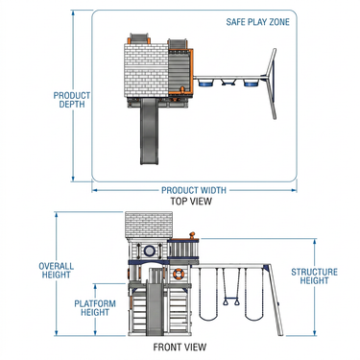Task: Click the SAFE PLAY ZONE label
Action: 257,22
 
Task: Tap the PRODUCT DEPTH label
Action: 72,100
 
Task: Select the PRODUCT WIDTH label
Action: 194,190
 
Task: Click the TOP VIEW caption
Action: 191,202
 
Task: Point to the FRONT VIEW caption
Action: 180,348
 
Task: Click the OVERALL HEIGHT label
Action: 56,271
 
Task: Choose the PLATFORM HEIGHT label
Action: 95,308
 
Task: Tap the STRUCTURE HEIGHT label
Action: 314,276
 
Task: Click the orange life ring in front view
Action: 178,274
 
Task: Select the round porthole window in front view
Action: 149,251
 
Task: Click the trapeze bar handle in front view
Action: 231,301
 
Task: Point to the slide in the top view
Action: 149,132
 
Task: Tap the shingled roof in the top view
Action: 146,70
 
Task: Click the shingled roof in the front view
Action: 149,226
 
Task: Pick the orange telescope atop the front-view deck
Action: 192,235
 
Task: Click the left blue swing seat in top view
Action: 205,84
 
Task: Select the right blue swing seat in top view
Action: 251,84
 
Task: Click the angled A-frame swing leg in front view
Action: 275,300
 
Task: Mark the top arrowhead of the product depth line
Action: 73,12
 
